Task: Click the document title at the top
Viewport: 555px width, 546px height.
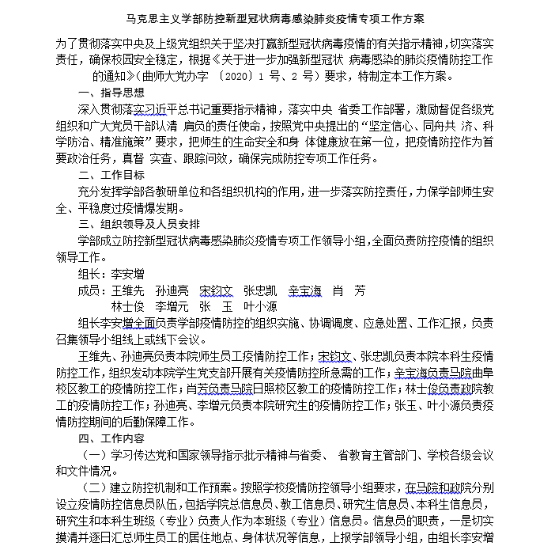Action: (x=277, y=17)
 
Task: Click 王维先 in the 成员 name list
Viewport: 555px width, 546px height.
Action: (x=126, y=290)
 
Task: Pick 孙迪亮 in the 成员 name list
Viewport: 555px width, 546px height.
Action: (x=171, y=290)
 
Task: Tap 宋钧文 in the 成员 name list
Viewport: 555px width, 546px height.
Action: (x=216, y=290)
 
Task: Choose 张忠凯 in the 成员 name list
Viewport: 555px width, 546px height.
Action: (x=259, y=290)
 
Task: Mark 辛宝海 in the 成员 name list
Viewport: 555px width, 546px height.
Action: (x=304, y=290)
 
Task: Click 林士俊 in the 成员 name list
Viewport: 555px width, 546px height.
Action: (x=126, y=306)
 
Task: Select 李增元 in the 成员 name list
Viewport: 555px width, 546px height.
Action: (x=171, y=306)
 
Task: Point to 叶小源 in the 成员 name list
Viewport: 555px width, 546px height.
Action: (x=260, y=306)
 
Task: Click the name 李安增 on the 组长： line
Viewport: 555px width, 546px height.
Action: (x=127, y=274)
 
